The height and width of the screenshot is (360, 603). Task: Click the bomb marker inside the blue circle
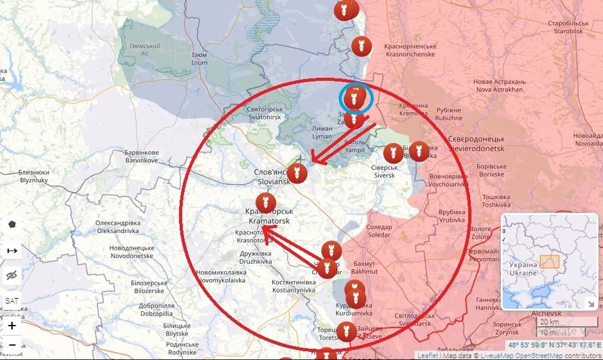coord(355,97)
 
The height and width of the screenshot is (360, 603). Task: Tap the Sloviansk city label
coord(272,177)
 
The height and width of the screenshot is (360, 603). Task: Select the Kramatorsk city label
coord(269,216)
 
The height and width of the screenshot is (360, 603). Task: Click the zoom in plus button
coord(12,325)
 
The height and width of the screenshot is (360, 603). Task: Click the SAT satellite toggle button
coord(12,301)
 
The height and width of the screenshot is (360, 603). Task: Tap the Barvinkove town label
coord(142,156)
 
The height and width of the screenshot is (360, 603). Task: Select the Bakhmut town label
coord(365,267)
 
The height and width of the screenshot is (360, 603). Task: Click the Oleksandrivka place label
coord(125,227)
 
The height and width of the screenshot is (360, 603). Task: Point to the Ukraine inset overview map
coord(549,261)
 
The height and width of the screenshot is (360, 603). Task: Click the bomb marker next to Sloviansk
coord(297,173)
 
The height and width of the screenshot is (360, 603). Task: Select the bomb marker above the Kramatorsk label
coord(266,203)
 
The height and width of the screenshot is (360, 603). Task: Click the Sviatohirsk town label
coord(263,114)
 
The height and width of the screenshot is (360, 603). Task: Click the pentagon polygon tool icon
coord(12,224)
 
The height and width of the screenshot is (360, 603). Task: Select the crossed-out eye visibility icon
coord(12,275)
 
